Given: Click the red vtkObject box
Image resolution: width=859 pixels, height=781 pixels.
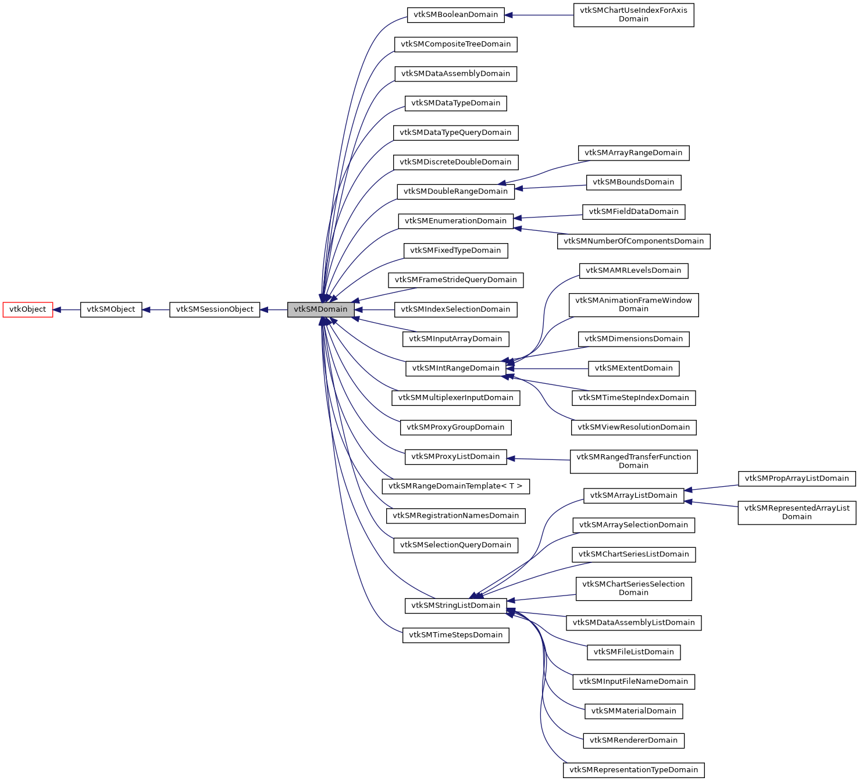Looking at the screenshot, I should [28, 309].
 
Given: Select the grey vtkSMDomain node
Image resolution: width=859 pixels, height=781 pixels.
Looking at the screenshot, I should [320, 309].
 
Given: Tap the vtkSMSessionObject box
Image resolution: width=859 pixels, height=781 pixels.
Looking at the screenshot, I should [215, 309].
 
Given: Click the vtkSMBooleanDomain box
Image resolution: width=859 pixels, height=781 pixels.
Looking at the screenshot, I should [455, 15].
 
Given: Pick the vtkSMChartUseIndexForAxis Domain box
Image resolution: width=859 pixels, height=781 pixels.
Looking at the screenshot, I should [633, 15].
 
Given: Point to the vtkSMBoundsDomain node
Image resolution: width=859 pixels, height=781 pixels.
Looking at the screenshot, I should [633, 182].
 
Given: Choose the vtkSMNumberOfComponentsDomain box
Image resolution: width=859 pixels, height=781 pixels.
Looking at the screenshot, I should [633, 241].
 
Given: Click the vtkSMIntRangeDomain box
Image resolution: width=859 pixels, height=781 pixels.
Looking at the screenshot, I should [455, 368].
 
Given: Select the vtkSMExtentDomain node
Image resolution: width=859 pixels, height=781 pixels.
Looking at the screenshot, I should [633, 368].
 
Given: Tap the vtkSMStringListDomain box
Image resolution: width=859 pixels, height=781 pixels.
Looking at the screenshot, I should [455, 605].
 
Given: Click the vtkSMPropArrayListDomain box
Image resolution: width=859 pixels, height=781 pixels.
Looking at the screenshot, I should [797, 479].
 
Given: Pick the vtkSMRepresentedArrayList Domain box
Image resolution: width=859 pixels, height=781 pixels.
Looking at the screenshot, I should [797, 512].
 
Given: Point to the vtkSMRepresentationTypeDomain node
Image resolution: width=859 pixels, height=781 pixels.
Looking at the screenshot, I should [633, 770].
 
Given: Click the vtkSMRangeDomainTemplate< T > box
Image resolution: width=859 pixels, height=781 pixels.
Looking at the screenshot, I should [455, 486].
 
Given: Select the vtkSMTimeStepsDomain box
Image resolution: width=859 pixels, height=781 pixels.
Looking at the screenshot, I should [455, 635].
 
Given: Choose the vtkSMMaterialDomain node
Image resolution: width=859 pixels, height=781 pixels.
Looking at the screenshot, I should [633, 711].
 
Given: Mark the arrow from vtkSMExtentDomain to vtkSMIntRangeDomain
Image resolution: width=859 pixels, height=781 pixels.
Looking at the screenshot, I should [547, 368].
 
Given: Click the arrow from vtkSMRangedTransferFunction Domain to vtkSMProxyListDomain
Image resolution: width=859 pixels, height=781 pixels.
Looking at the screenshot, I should [539, 459].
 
